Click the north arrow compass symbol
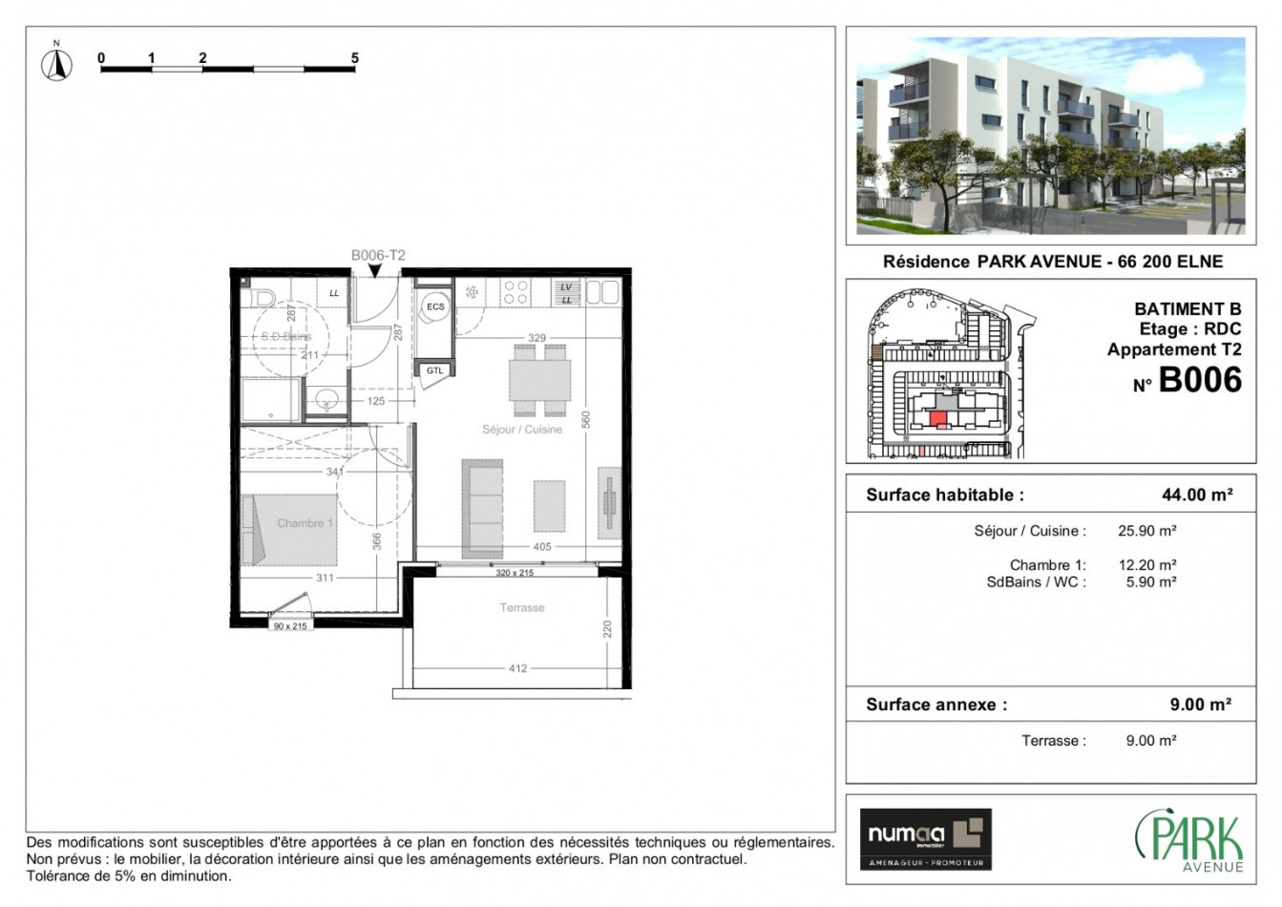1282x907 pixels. point(56,64)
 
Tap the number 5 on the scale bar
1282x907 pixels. point(355,58)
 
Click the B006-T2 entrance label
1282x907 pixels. point(378,255)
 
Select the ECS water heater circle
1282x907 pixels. point(435,306)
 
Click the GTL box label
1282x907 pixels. point(434,370)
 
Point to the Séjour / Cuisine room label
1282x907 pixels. point(522,430)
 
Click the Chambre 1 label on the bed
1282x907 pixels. point(305,523)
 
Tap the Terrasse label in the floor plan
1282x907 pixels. point(522,607)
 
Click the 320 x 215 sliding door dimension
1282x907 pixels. point(515,573)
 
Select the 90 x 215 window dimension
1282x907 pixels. point(290,626)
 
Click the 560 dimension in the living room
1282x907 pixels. point(587,419)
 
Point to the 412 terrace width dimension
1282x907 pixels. point(517,668)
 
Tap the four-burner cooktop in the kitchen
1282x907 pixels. point(515,292)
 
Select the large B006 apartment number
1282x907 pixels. point(1199,381)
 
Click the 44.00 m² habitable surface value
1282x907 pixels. point(1196,495)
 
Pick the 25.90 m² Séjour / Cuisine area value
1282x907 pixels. point(1146,531)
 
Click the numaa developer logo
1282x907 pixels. point(925,838)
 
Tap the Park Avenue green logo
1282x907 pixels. point(1190,840)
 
